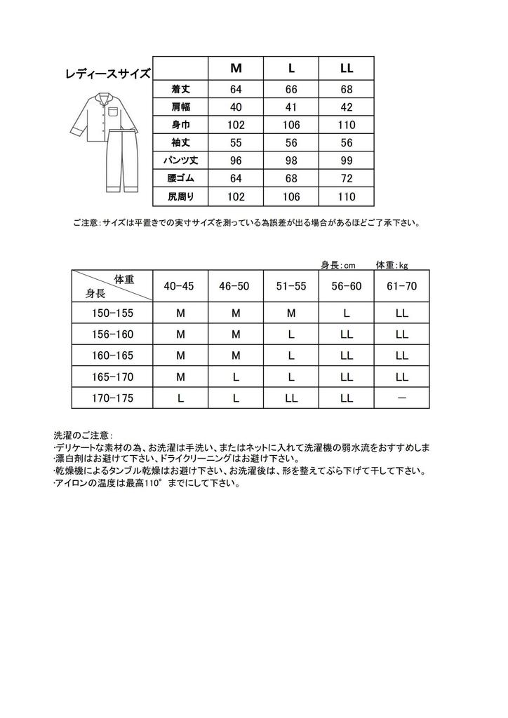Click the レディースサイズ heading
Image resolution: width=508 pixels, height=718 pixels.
point(107,74)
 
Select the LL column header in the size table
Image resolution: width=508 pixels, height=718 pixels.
point(347,69)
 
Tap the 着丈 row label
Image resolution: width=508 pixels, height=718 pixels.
point(181,90)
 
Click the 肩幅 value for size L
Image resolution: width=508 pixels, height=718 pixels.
point(291,108)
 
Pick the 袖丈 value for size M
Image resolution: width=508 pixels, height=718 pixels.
point(236,143)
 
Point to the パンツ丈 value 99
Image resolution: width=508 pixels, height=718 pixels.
point(347,161)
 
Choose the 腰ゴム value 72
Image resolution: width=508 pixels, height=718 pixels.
point(347,179)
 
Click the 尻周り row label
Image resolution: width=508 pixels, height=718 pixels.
point(181,197)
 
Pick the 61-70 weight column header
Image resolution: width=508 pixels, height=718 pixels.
point(401,286)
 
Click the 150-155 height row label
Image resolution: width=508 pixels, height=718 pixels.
point(112,313)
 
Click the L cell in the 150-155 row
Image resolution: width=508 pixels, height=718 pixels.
point(347,313)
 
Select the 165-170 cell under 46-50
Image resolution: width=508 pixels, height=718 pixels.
point(236,377)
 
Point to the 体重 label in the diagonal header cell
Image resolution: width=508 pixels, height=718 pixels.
point(123,279)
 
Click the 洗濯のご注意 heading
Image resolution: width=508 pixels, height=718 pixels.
point(82,435)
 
